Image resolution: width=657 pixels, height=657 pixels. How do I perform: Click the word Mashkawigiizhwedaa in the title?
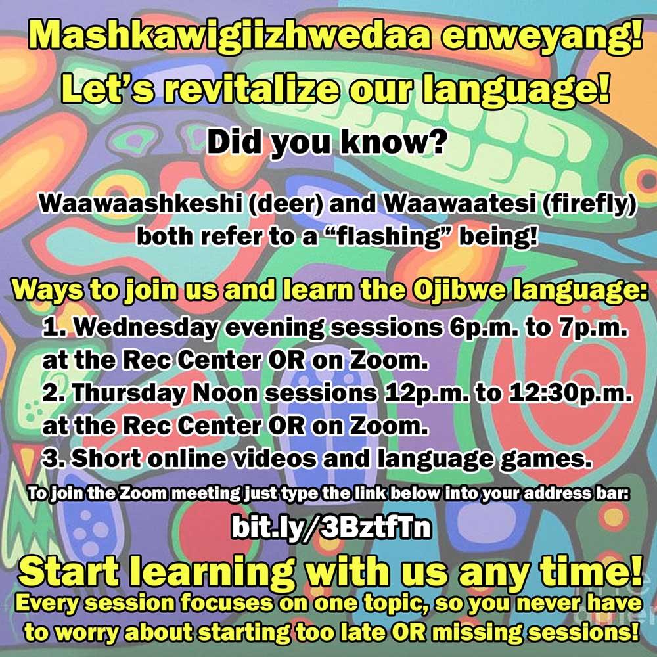[230, 36]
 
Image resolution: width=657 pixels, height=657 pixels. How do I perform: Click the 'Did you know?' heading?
[325, 143]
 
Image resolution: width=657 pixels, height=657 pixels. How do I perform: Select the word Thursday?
[128, 393]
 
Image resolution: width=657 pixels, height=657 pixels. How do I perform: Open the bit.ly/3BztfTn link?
[331, 528]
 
